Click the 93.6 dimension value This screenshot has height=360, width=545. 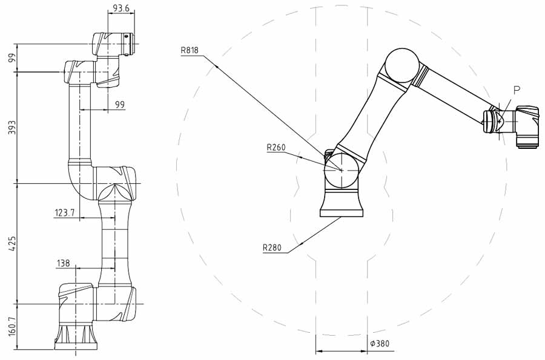(121, 8)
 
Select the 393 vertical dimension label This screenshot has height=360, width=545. (12, 128)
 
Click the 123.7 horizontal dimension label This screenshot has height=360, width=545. (65, 212)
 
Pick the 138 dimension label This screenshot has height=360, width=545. (63, 263)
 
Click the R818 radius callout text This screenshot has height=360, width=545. (190, 50)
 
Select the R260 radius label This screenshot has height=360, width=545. (276, 148)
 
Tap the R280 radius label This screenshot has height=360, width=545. (272, 248)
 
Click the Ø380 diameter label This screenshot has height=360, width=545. (380, 344)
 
